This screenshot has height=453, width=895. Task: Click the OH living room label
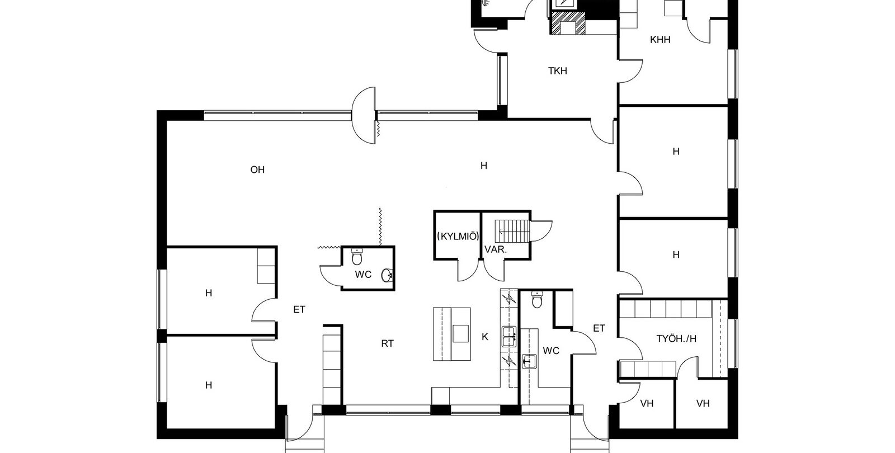point(257,170)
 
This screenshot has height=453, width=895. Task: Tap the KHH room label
point(660,40)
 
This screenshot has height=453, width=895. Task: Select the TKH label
point(557,71)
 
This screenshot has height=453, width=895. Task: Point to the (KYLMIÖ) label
point(458,236)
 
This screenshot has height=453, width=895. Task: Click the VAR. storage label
point(496,249)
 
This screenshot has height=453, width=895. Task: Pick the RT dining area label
point(387,343)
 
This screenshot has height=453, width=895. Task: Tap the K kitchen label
point(484,337)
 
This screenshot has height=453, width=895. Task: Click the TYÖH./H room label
point(676,339)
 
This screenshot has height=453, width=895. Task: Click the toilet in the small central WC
point(357,257)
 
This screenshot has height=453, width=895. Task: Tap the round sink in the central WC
point(387,275)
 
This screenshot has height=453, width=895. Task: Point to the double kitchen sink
point(508,336)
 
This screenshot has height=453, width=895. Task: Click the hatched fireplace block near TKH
point(568,23)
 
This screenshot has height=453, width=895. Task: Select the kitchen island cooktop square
point(460,333)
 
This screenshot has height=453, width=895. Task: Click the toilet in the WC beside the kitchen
point(537,300)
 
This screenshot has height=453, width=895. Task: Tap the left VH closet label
point(647,404)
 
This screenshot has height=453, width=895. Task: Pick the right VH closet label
point(703,404)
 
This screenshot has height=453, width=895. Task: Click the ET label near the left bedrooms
point(299,310)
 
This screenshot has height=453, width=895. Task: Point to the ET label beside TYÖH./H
point(599,328)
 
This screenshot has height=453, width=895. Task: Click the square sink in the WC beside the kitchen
point(529,361)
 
